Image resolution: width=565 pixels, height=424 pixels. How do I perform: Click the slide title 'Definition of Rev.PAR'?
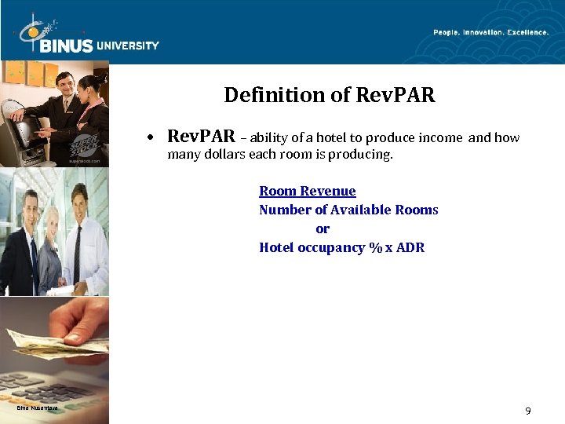329,96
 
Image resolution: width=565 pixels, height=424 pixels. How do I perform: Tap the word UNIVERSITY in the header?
128,46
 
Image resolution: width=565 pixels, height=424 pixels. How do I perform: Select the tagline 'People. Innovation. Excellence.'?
491,32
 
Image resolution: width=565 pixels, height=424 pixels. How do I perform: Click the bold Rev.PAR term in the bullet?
201,137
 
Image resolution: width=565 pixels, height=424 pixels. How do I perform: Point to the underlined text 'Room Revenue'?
307,191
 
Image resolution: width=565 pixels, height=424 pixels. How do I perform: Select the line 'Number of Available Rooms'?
348,210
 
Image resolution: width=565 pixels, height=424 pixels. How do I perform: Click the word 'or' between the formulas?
322,228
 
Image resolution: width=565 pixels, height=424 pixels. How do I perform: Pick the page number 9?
527,411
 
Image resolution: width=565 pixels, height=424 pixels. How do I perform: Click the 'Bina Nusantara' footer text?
37,408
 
